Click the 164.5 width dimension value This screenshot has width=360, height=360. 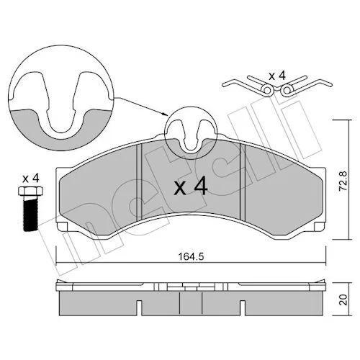click(191, 257)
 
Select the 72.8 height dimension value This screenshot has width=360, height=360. click(343, 181)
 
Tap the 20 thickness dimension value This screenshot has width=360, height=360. click(344, 300)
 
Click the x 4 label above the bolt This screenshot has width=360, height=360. click(30, 179)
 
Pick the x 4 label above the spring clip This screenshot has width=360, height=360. click(277, 76)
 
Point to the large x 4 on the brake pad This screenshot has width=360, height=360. click(190, 187)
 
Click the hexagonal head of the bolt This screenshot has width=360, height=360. click(31, 191)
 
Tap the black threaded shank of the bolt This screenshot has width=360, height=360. click(31, 213)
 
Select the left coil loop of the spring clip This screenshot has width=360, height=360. click(268, 90)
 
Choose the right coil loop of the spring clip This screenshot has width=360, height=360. click(287, 90)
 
